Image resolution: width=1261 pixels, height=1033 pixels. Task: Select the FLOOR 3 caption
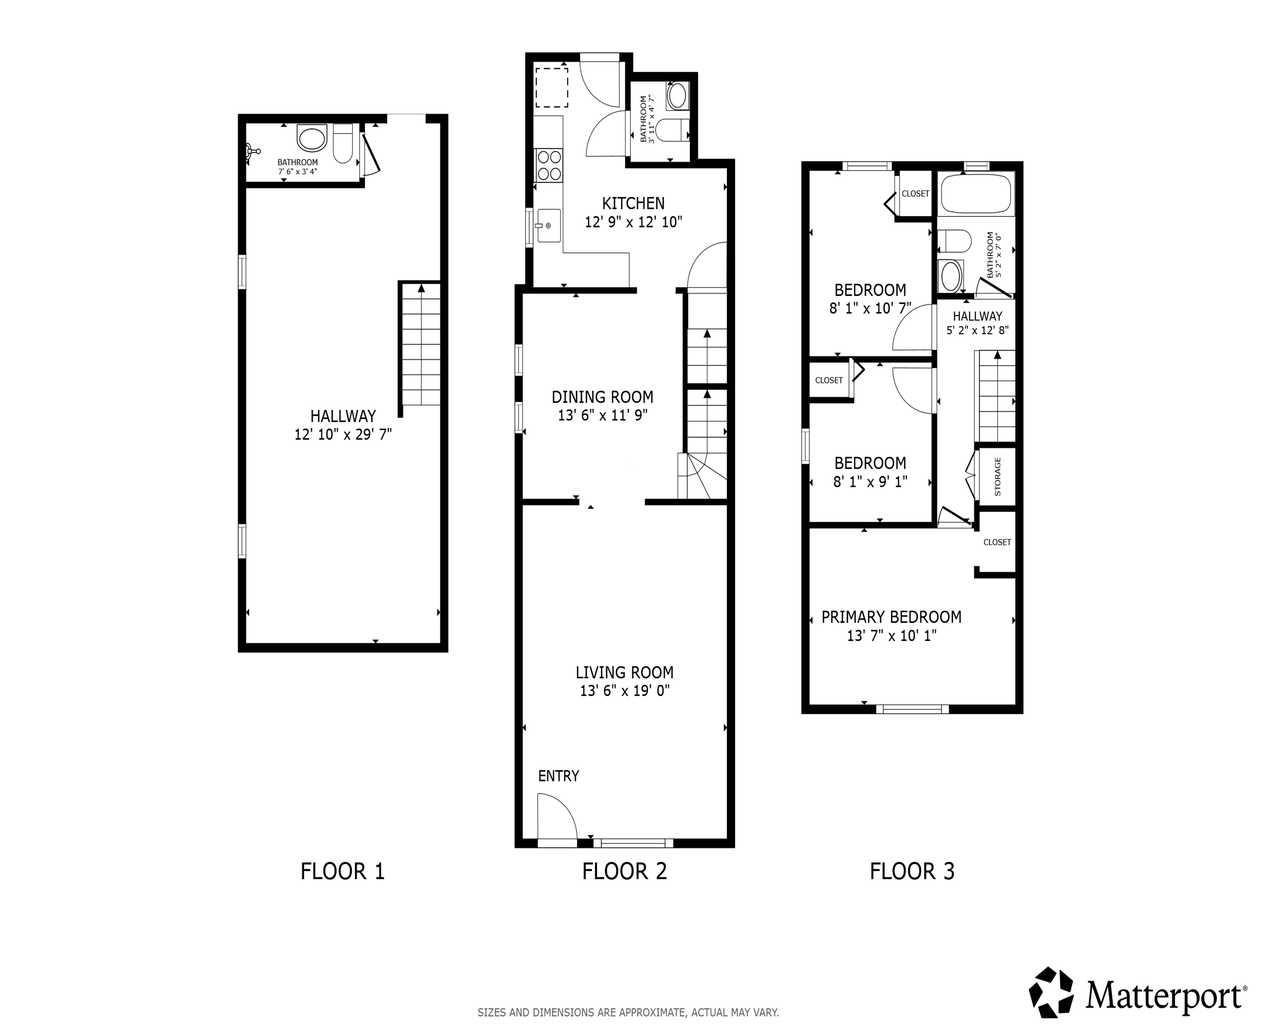[x=912, y=871]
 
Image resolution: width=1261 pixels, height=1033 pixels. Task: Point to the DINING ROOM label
[x=602, y=397]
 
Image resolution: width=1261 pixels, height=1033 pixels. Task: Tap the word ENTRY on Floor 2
[x=558, y=776]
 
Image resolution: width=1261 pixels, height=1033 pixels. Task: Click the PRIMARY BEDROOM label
[x=891, y=617]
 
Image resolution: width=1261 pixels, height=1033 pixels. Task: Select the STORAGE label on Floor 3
[x=997, y=477]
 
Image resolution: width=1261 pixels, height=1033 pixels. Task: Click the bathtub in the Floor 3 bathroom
[x=975, y=193]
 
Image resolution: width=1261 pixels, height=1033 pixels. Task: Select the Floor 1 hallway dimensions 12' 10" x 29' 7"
[x=343, y=434]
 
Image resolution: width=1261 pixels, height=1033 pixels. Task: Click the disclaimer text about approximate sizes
[x=628, y=1012]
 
